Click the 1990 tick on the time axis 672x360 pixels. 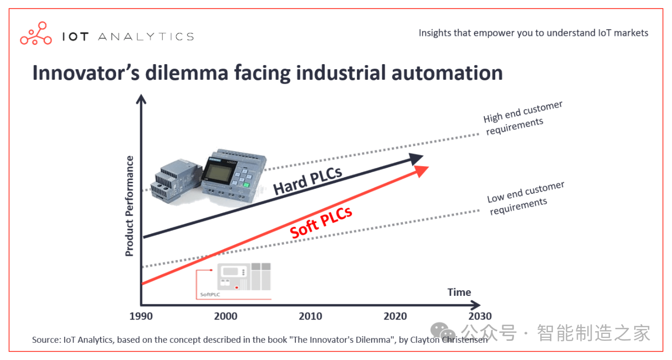point(140,317)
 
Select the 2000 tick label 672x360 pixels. point(225,317)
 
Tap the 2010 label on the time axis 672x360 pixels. point(310,317)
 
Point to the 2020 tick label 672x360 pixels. point(395,317)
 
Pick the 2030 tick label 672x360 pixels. point(479,317)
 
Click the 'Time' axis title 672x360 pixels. point(459,292)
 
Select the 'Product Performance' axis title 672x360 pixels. point(130,206)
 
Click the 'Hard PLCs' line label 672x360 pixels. point(307,180)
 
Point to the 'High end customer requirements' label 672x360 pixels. point(522,118)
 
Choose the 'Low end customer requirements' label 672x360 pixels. point(526,198)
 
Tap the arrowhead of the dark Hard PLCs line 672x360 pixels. point(416,159)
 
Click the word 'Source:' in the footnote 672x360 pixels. point(46,340)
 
